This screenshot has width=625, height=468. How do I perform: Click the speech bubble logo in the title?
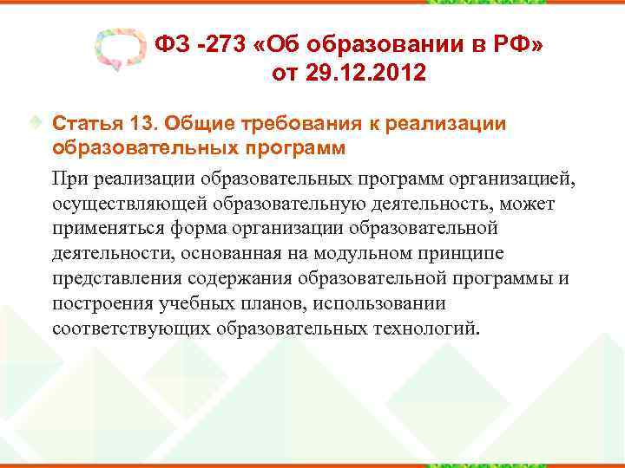pyautogui.click(x=117, y=53)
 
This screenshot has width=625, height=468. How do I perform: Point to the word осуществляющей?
pyautogui.click(x=118, y=204)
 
